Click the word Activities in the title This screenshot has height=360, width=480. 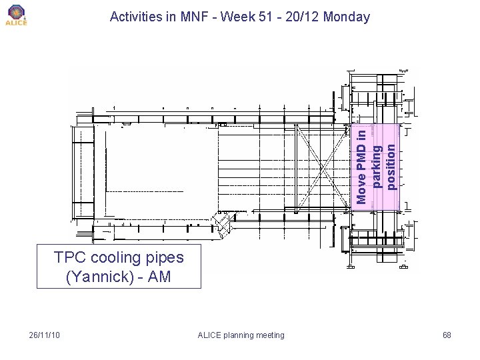pos(137,17)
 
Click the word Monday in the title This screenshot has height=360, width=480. pos(346,17)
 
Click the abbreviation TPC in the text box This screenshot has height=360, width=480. pos(69,257)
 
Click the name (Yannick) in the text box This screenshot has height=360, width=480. pos(99,276)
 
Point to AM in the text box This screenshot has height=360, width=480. pos(159,276)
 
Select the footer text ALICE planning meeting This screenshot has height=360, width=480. pos(241,335)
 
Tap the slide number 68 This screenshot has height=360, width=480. pos(447,335)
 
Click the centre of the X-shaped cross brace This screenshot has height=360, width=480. pos(323,167)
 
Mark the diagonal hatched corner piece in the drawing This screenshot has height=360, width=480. pos(222,223)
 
